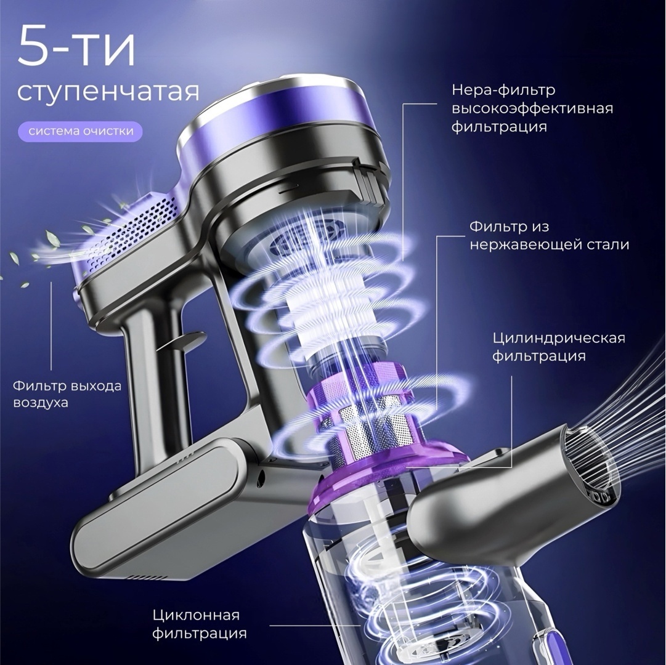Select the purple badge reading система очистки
coord(81,131)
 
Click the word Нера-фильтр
coord(503,91)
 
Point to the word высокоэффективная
coord(532,108)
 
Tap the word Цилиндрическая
coord(559,338)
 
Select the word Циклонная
coord(196,615)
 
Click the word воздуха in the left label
coord(40,402)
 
